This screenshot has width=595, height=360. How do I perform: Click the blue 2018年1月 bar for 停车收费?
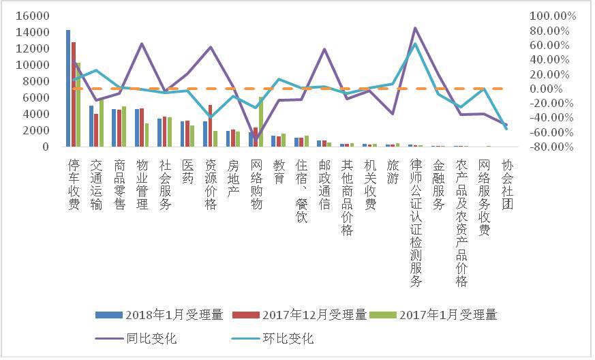point(68,88)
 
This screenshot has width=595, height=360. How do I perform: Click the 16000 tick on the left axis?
point(34,16)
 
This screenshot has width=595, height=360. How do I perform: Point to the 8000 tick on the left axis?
point(37,81)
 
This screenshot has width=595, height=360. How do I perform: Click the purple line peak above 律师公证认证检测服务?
point(415,28)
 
